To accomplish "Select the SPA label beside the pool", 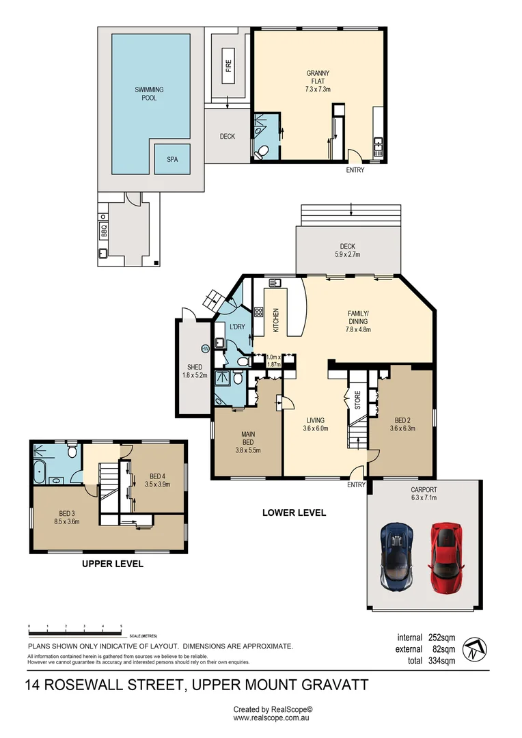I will [172, 159].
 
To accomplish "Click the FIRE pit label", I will [228, 66].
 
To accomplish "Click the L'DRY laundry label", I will [237, 327].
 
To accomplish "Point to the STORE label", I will [356, 400].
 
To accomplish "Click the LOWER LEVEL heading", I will [294, 512].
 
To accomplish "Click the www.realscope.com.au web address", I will [272, 718].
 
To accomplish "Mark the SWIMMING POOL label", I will [149, 94].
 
